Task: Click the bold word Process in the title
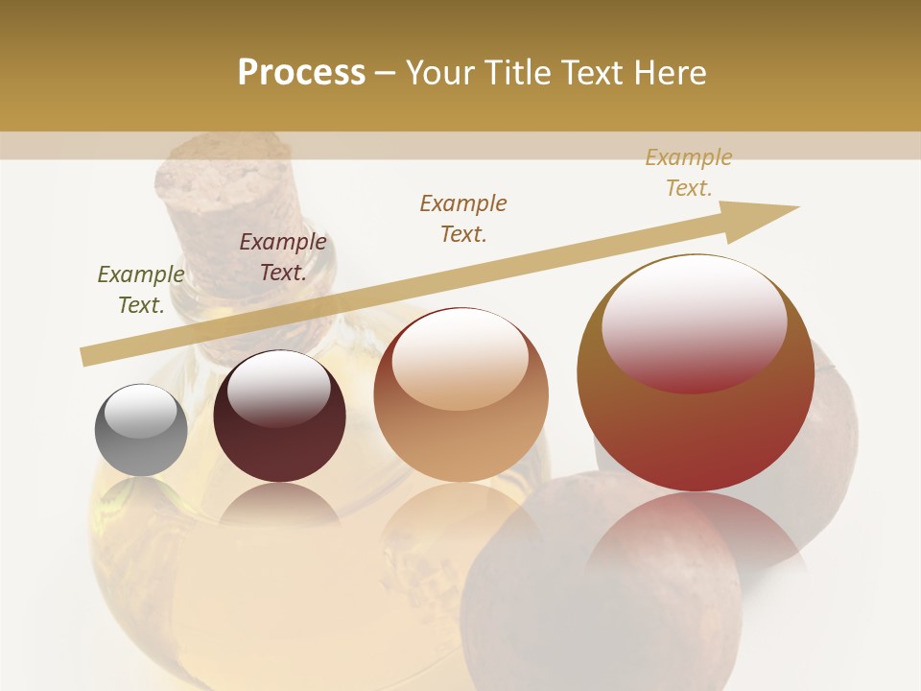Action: [x=301, y=73]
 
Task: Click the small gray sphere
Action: [x=141, y=430]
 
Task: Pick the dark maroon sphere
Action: [x=279, y=417]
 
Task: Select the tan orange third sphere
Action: [x=460, y=394]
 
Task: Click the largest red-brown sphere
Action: [x=696, y=373]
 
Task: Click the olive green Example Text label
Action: [x=141, y=290]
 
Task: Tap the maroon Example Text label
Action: [x=283, y=257]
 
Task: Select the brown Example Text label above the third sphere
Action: [x=463, y=218]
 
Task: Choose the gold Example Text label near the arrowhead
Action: [x=689, y=172]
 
